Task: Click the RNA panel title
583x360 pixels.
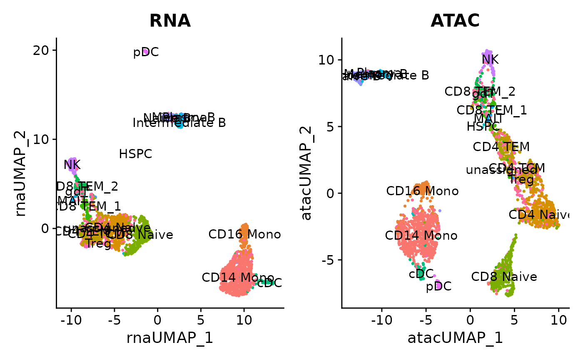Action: [170, 21]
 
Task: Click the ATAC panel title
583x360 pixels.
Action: [455, 21]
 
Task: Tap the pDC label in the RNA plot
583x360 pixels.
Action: [146, 53]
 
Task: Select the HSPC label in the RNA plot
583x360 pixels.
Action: [135, 154]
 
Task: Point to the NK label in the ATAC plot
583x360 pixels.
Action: [490, 60]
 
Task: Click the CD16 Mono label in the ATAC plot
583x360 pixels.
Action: [422, 191]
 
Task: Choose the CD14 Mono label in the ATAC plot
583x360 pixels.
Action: [421, 236]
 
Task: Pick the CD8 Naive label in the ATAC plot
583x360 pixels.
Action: [504, 277]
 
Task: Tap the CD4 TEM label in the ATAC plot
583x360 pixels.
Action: [501, 146]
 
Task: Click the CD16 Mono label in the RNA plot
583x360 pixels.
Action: [244, 234]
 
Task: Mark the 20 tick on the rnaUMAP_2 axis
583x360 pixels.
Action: [42, 50]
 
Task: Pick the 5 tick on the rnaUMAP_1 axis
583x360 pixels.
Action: [201, 320]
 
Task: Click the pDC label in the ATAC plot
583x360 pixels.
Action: [438, 286]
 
